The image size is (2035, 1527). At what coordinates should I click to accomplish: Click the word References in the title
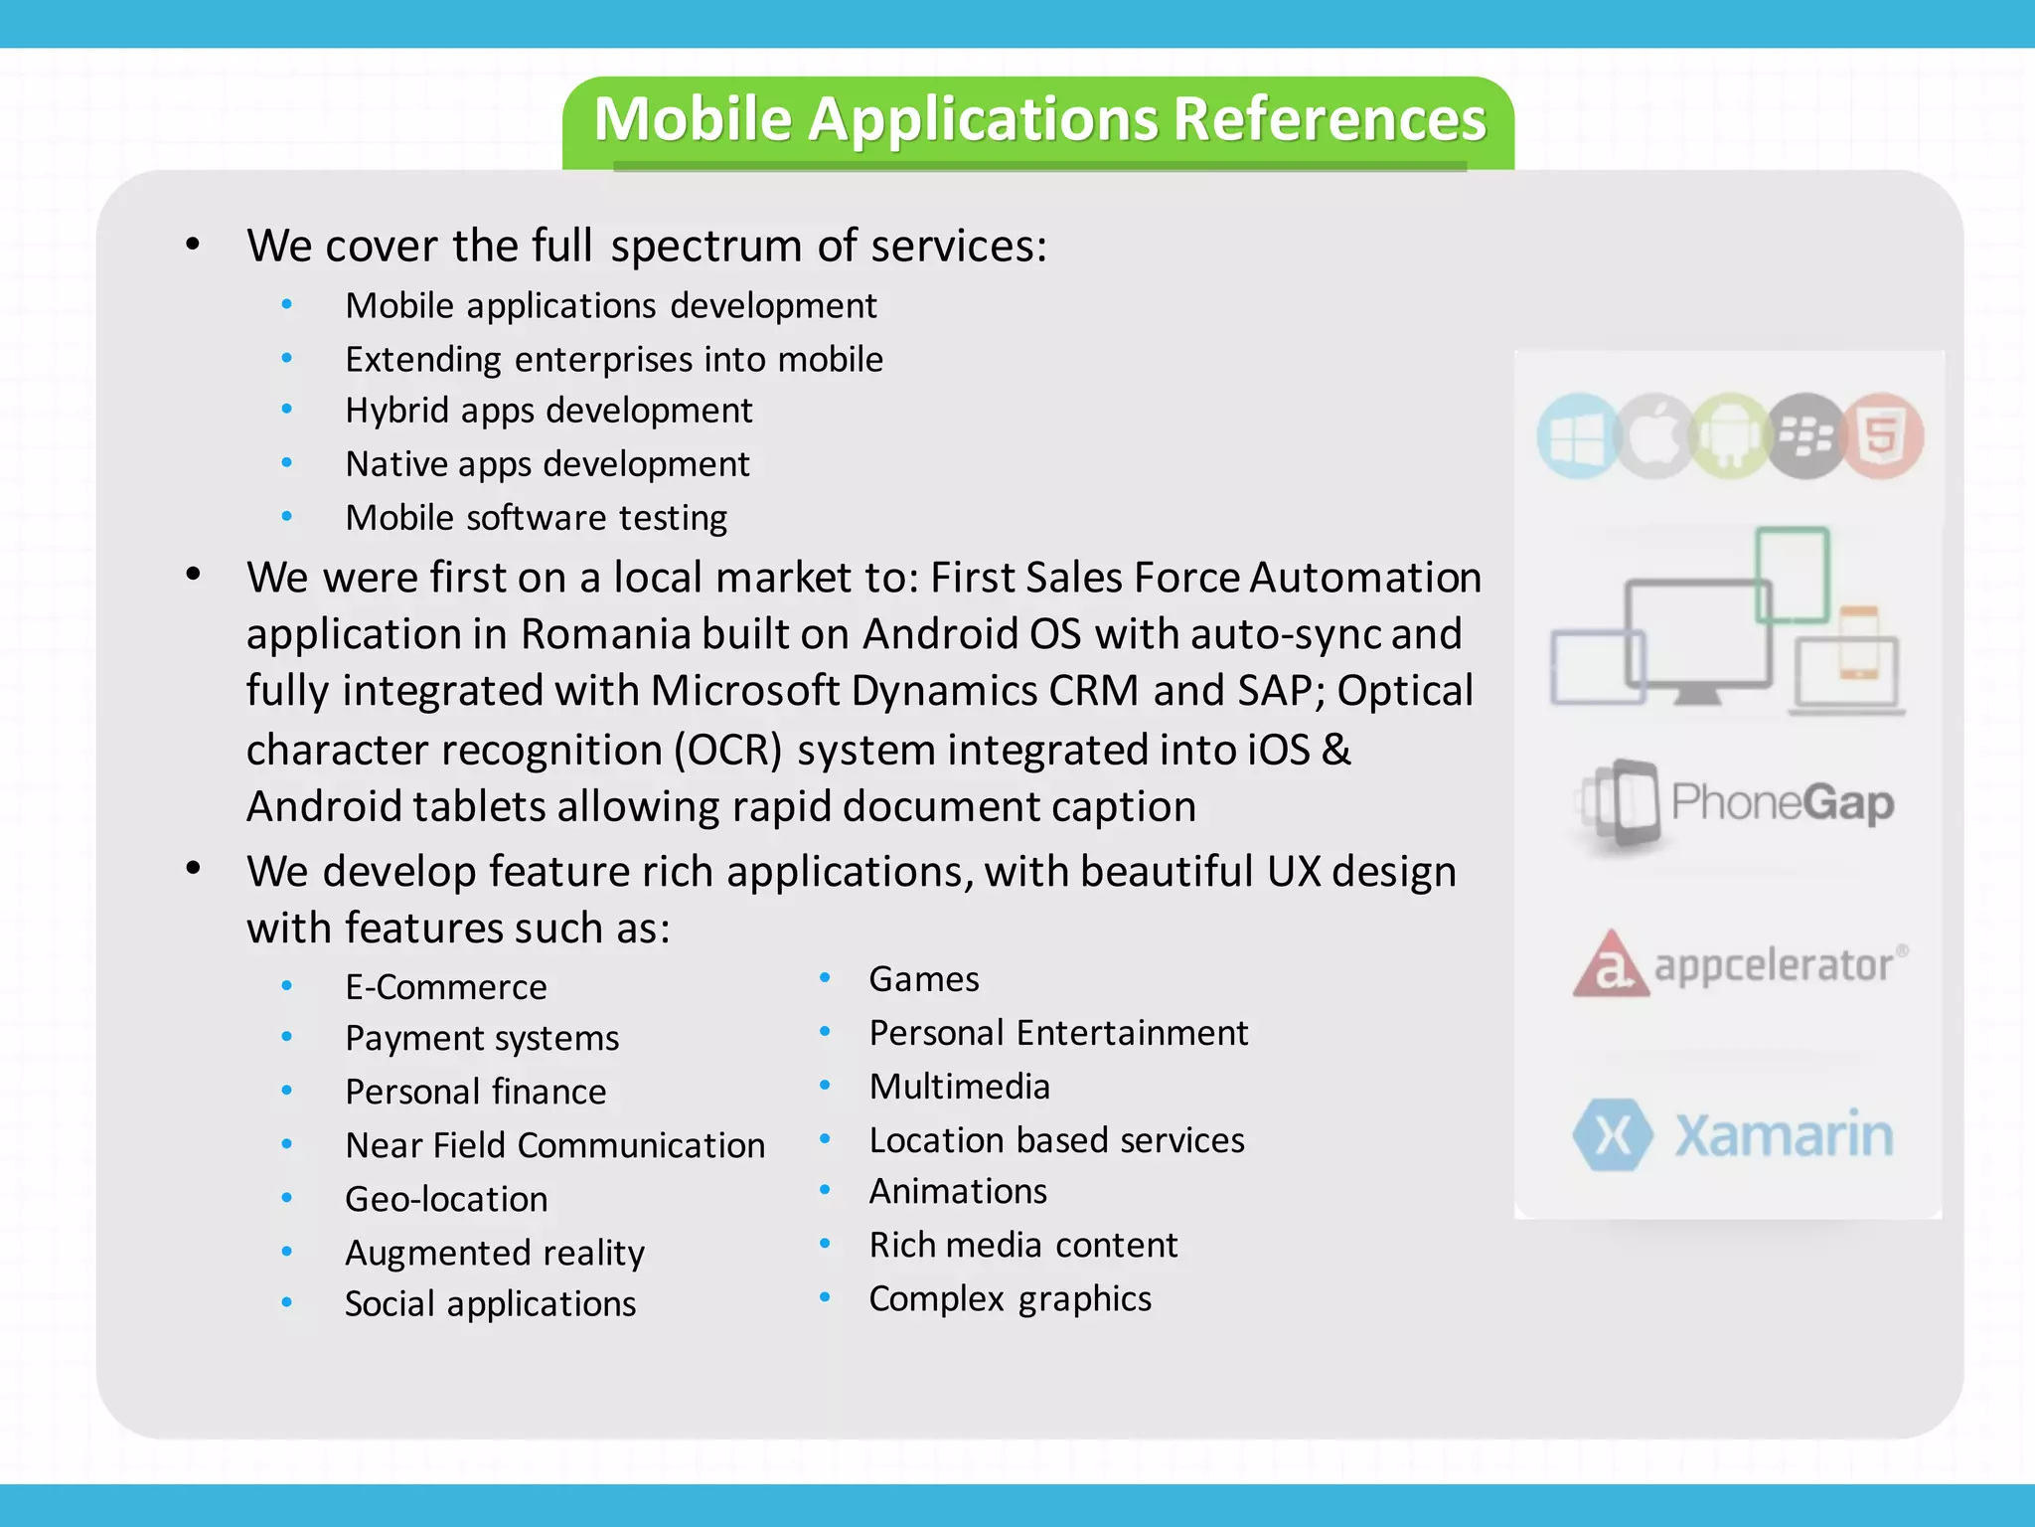[1329, 119]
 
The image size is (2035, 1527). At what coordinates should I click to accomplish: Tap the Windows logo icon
[1576, 436]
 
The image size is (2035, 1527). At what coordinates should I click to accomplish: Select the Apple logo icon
[1653, 436]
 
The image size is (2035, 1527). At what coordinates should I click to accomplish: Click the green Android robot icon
[1730, 436]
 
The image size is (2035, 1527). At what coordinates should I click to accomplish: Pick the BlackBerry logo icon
[1805, 436]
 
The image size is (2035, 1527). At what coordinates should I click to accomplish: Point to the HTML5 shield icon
[1882, 436]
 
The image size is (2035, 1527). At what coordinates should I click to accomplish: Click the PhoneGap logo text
[1782, 802]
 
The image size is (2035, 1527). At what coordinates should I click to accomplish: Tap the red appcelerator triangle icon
[1610, 964]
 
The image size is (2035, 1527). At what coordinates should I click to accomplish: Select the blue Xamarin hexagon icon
[1612, 1134]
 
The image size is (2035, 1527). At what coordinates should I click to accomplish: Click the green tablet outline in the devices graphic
[1792, 575]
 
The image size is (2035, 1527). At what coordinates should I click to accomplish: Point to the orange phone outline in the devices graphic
[1858, 642]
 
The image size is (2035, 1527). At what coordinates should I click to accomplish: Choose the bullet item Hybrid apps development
[548, 411]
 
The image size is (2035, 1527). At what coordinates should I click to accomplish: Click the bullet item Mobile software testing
[536, 518]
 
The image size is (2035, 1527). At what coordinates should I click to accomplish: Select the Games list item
[924, 979]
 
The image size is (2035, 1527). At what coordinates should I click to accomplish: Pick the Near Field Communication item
[554, 1145]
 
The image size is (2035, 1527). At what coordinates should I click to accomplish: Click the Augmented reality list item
[495, 1253]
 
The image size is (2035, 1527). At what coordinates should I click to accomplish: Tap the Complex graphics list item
[1010, 1298]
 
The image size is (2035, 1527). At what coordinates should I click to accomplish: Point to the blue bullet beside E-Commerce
[287, 986]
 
